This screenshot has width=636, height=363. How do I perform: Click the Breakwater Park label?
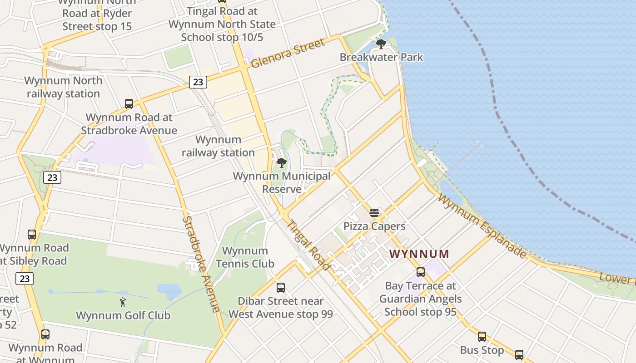coord(381,57)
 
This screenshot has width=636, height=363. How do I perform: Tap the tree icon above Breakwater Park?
coord(381,44)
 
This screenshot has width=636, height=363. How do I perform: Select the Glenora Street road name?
coord(288,53)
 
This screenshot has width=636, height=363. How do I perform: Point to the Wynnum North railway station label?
coord(63,87)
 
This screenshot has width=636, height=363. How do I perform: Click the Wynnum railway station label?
coord(218,146)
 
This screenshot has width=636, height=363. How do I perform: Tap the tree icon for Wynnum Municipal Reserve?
coord(282,163)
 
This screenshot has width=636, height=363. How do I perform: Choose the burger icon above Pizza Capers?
coord(374,213)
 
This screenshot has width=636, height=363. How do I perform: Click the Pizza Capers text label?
coord(374,226)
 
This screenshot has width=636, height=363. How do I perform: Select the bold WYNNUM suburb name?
coord(419,254)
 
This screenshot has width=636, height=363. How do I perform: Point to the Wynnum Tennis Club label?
coord(245,257)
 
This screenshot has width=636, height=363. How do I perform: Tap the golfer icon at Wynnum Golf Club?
coord(123,302)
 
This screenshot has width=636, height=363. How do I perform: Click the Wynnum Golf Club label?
coord(123,315)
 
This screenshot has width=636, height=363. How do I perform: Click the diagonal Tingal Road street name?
coord(309,245)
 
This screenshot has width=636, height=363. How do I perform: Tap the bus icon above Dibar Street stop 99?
coord(281,287)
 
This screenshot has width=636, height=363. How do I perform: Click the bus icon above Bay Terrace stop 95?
coord(421,272)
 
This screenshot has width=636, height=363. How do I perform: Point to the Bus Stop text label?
coord(482,350)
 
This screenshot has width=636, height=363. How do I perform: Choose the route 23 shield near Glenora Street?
coord(198,82)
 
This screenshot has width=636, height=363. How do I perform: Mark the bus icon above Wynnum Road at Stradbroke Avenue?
coord(129,104)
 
